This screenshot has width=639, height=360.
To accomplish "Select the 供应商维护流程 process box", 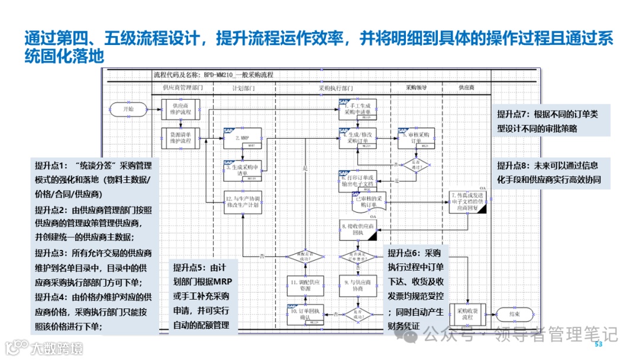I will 181,110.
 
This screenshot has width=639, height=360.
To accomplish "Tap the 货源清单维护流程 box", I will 181,138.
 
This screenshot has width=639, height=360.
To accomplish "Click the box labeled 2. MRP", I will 242,139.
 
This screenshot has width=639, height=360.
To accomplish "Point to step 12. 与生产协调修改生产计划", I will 242,201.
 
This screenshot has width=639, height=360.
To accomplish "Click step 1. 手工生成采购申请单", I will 357,108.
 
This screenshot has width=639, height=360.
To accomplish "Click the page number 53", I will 598,345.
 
